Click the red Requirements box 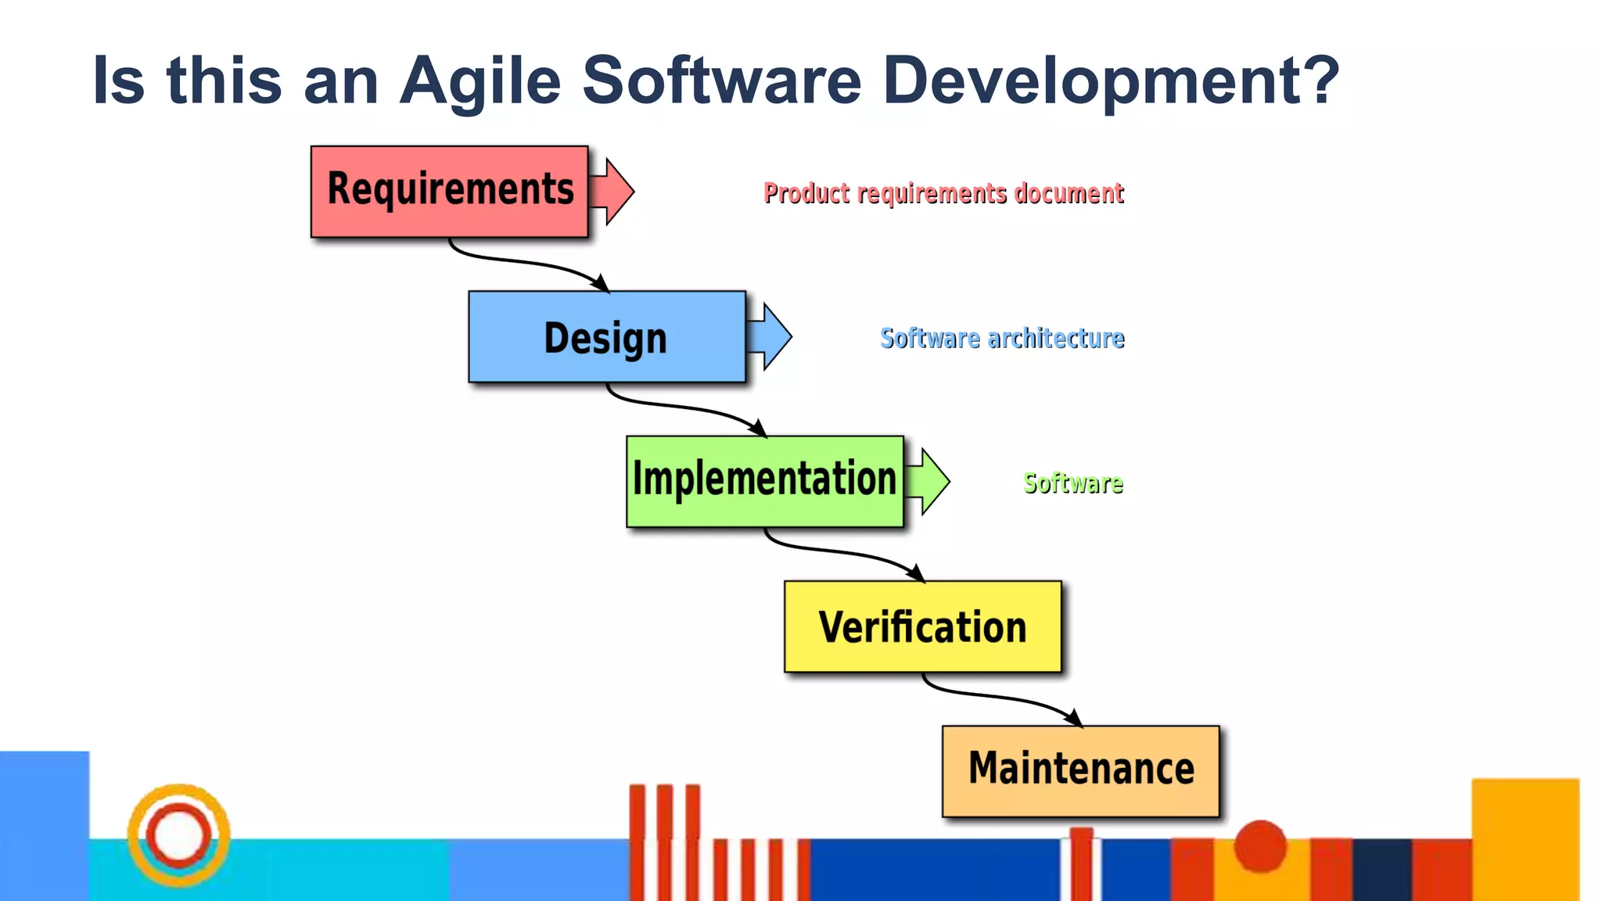(x=449, y=191)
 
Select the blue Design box (x=606, y=337)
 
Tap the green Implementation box (x=764, y=480)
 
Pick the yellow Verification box (x=922, y=626)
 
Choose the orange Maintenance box (x=1080, y=770)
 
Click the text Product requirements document (x=943, y=193)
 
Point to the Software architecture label (x=1002, y=339)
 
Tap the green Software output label (x=1072, y=483)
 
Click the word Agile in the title (x=480, y=81)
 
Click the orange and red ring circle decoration (x=179, y=835)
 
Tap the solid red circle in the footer (x=1260, y=845)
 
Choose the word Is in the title (x=118, y=81)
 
